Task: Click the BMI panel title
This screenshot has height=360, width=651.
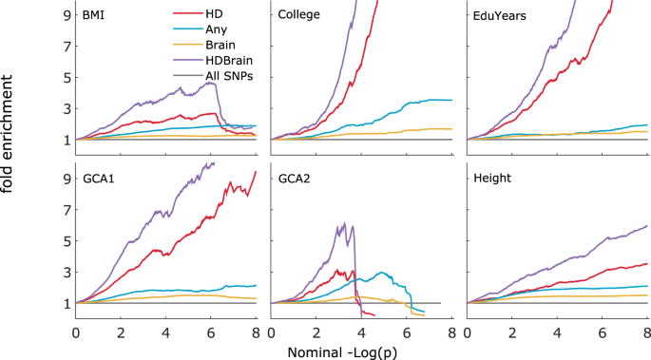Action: [93, 16]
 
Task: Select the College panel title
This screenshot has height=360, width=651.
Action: [298, 16]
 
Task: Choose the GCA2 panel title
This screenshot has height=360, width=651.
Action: [294, 178]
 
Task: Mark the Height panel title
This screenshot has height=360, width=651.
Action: [492, 178]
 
